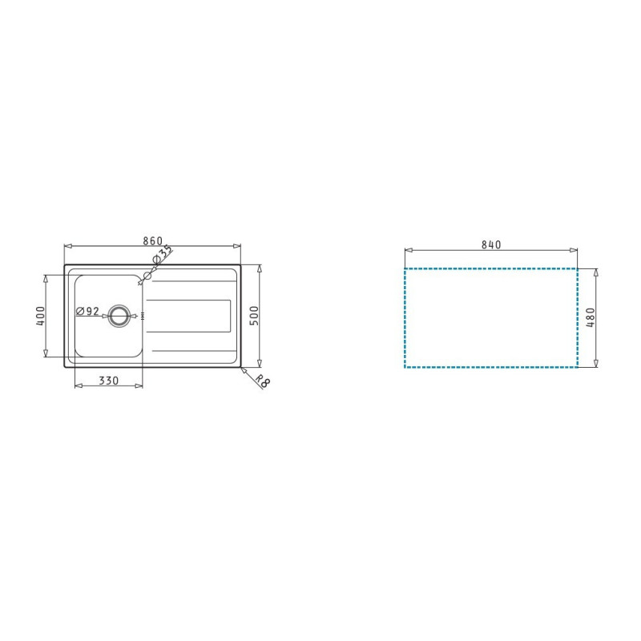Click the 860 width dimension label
point(152,240)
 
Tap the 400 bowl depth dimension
point(39,316)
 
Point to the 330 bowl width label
point(109,381)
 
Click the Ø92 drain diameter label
point(87,311)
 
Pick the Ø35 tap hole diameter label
point(163,256)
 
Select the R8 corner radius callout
point(262,381)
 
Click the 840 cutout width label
point(491,245)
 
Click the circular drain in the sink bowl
point(119,315)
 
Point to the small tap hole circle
point(146,277)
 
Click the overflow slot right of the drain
point(143,316)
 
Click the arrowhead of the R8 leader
point(242,369)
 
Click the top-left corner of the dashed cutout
point(405,269)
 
